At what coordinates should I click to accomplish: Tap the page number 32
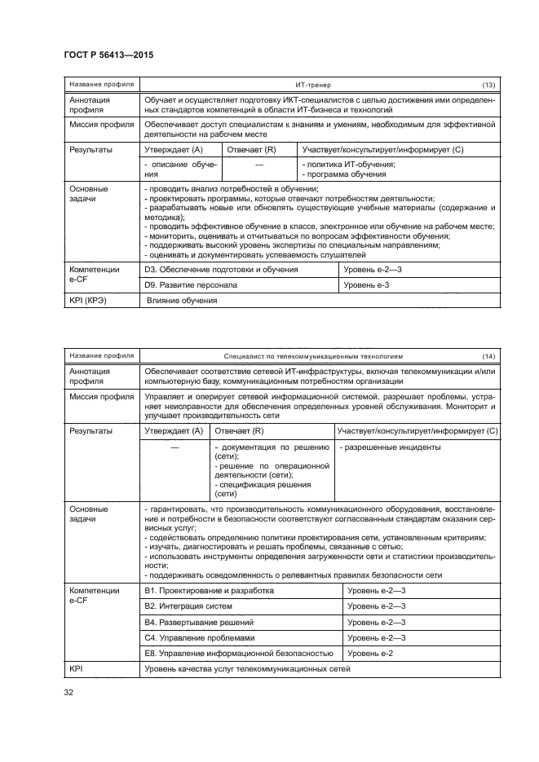click(68, 694)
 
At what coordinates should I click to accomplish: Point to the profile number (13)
click(488, 85)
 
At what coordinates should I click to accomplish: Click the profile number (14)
click(488, 356)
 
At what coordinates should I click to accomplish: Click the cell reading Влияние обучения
click(182, 301)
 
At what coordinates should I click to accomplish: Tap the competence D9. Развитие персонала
click(190, 285)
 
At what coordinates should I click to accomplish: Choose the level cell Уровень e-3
click(366, 285)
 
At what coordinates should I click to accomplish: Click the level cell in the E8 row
click(370, 654)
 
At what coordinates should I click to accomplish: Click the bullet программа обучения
click(344, 174)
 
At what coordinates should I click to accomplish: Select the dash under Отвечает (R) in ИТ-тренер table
click(258, 165)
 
